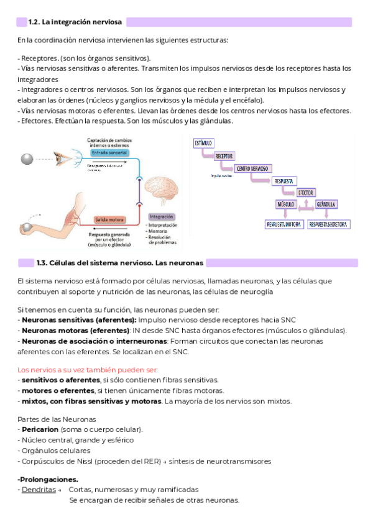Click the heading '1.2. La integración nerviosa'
76,22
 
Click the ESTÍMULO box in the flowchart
203,142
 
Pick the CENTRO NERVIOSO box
252,168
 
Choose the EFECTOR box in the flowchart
306,193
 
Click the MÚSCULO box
285,204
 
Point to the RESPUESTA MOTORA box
283,224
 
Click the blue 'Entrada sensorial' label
108,152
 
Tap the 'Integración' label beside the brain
160,216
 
